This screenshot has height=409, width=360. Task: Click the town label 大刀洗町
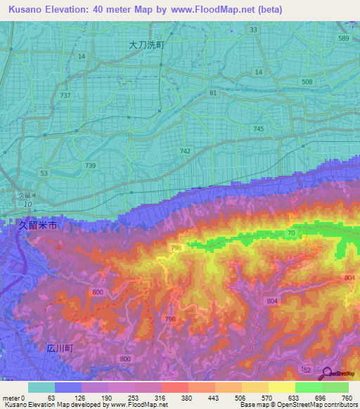(146, 44)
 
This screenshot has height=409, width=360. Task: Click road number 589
(343, 39)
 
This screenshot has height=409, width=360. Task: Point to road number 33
(253, 30)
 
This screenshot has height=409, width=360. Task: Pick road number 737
(65, 95)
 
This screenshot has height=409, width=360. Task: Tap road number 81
(213, 93)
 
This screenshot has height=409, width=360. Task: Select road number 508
(307, 82)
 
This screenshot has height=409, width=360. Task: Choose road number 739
(90, 165)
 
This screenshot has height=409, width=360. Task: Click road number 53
(44, 173)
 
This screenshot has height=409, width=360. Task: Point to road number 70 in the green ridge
(291, 233)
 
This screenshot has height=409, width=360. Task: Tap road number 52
(305, 369)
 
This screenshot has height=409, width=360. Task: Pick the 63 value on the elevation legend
(51, 397)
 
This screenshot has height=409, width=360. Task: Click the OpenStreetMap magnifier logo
(327, 374)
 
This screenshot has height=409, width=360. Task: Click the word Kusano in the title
(23, 9)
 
